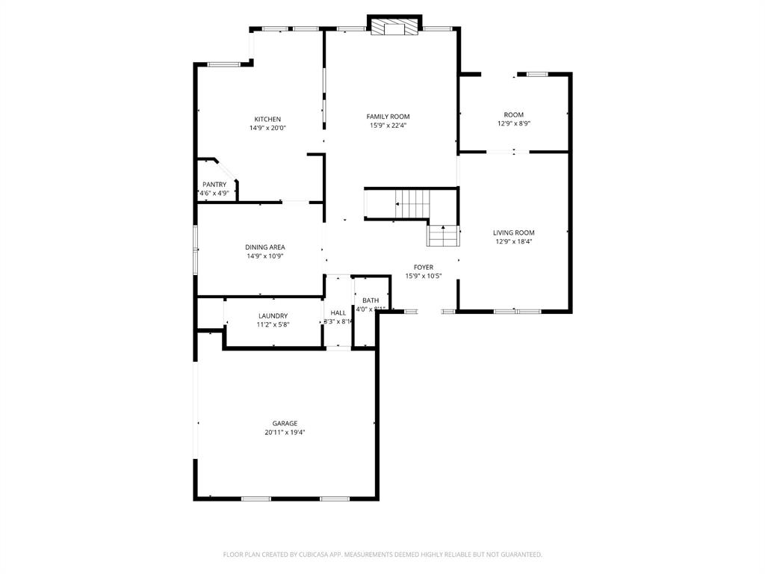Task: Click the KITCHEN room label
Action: (267, 120)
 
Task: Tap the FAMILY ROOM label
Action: (388, 117)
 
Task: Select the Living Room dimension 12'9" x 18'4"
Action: (513, 241)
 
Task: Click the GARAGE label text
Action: (285, 423)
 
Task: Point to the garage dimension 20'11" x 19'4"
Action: (285, 432)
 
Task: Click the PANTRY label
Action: (214, 185)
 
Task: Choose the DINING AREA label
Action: (264, 247)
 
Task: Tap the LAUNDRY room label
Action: (273, 316)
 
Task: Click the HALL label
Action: (338, 312)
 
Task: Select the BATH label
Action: (371, 300)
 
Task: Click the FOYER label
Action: (424, 267)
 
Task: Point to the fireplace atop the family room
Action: (394, 28)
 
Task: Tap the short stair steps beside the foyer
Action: (442, 236)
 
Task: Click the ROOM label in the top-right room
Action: (513, 115)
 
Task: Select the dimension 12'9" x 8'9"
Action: (513, 124)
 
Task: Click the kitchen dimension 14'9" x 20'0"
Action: (267, 128)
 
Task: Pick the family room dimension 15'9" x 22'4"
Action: (388, 126)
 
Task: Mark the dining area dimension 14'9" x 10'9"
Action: (264, 256)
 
